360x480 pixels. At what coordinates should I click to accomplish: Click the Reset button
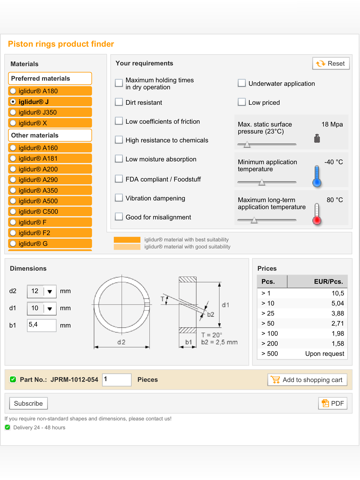pos(331,63)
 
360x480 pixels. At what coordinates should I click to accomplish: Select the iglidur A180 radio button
pos(13,91)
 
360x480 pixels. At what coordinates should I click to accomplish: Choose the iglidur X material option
pos(13,123)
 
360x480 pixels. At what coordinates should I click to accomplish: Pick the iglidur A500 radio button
pos(13,201)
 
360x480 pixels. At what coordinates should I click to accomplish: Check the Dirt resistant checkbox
pos(119,102)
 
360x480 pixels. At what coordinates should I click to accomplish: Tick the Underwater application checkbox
pos(242,83)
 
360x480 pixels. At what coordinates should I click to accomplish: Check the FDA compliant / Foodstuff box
pos(119,179)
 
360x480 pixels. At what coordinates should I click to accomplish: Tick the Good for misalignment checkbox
pos(119,217)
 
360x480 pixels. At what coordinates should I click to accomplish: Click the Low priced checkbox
pos(242,102)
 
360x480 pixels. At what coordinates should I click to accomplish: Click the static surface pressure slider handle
pos(247,144)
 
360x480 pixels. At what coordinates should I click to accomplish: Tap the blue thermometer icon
pos(317,176)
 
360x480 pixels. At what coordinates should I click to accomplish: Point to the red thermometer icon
pos(317,214)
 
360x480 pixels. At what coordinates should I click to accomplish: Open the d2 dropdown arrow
pos(50,291)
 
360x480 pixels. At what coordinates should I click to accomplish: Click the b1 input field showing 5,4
pos(42,325)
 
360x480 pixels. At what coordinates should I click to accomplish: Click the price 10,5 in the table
pos(338,293)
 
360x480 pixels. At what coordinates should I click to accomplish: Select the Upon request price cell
pos(325,354)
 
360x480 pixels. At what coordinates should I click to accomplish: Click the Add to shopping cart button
pos(307,380)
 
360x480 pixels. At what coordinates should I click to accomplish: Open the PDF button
pos(333,403)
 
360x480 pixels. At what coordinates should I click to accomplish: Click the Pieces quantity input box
pos(117,380)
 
